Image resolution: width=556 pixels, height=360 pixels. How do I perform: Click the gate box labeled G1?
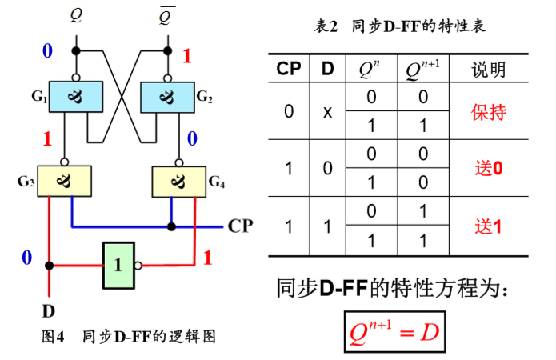pos(77,97)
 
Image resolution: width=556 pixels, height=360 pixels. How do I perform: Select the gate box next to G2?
pos(168,97)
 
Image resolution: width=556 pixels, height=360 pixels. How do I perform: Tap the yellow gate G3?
pos(63,181)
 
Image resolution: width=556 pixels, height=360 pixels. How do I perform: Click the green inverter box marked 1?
pos(118,264)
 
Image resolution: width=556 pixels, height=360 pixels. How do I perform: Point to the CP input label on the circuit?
pos(240,226)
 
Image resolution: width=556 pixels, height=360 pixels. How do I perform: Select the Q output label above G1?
pos(76,14)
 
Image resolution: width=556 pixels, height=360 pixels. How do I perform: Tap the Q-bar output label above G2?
pos(166,14)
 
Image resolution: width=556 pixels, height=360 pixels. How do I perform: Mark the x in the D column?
pos(327,112)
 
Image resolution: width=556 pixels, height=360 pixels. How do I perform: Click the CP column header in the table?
pos(289,70)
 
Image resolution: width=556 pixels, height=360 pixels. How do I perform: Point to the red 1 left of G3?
pos(46,138)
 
